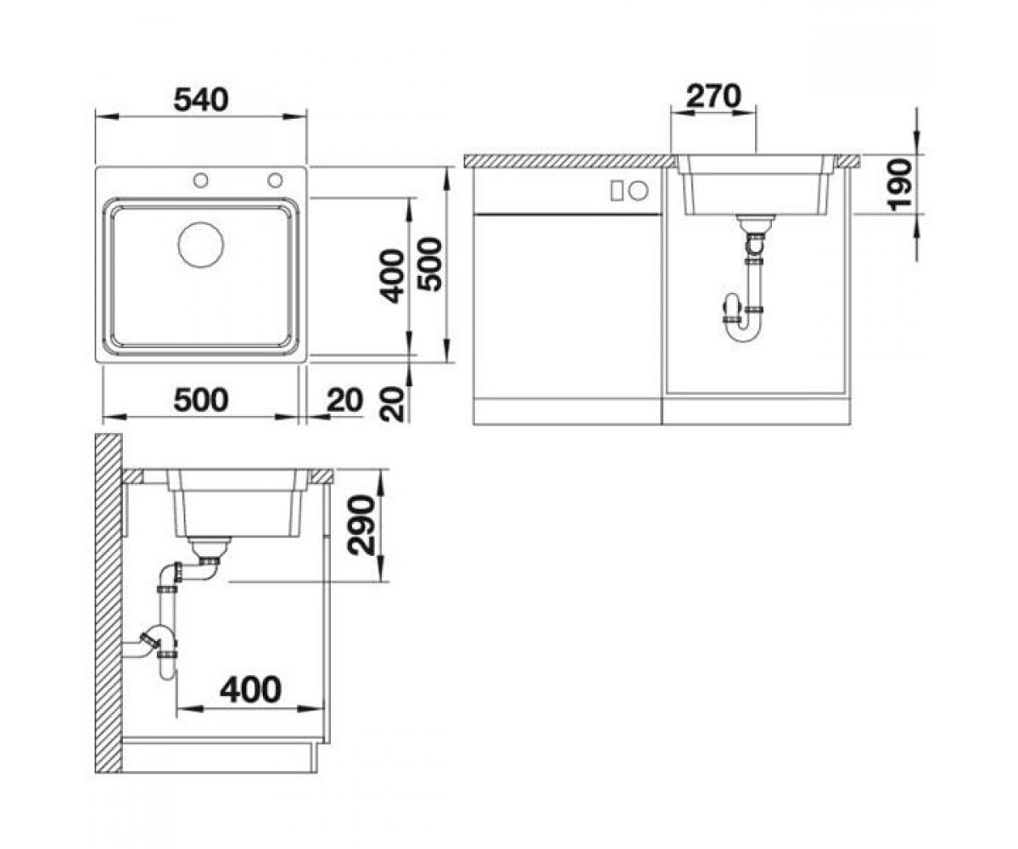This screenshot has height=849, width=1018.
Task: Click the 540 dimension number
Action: [x=201, y=100]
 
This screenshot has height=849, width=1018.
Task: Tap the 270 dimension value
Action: [x=713, y=96]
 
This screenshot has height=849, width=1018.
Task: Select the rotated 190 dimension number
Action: [x=899, y=185]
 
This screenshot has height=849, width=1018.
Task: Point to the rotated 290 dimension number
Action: [x=361, y=525]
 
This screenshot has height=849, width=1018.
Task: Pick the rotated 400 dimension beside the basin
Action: [x=392, y=276]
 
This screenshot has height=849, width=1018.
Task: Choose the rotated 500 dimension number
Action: [x=429, y=264]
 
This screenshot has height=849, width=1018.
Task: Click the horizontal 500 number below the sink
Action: [x=201, y=400]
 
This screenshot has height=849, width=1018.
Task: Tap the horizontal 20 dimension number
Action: [x=344, y=400]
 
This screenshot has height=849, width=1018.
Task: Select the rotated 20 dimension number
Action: [x=393, y=404]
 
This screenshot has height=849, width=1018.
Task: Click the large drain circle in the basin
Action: [x=201, y=245]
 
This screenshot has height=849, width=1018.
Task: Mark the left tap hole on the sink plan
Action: [x=200, y=180]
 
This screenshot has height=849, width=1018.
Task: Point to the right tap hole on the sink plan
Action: [x=275, y=180]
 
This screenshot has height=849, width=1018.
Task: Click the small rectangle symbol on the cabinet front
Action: [x=617, y=190]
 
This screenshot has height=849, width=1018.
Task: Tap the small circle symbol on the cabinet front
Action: [x=638, y=190]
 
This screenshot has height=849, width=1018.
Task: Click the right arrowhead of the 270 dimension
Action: [x=744, y=113]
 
